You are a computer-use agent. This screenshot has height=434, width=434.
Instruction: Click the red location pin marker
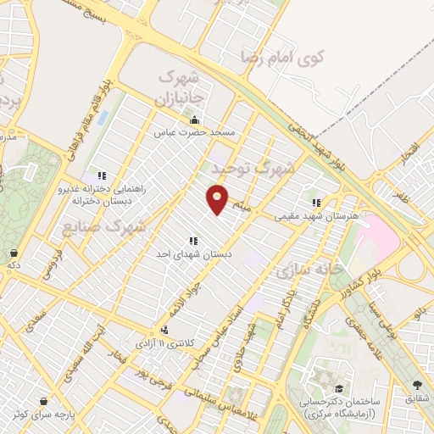(x=218, y=199)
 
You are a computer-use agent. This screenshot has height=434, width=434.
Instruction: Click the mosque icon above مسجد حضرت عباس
(x=195, y=120)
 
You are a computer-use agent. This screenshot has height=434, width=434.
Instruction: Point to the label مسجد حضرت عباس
(x=199, y=133)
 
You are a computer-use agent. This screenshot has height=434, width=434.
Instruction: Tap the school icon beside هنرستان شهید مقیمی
(x=316, y=203)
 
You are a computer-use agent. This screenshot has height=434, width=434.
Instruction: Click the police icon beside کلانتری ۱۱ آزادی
(x=164, y=331)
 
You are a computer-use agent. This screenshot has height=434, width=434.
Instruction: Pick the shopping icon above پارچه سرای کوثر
(x=43, y=401)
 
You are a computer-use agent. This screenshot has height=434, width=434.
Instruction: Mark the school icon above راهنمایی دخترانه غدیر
(x=102, y=175)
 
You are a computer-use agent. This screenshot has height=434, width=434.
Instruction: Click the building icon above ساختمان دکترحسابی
(x=325, y=375)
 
